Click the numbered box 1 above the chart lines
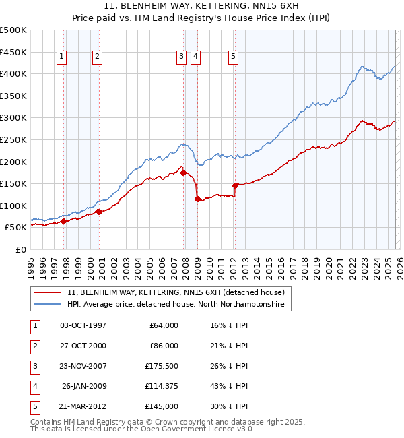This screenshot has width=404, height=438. coord(61,57)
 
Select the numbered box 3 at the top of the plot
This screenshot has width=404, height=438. coord(181,57)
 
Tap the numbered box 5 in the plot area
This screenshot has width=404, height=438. coord(232,57)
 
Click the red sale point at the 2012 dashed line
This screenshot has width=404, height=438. coord(235,185)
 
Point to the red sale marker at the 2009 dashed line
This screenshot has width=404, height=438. coord(197,199)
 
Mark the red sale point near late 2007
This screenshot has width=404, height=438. coord(184,173)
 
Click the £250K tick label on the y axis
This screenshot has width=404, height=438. coord(13,139)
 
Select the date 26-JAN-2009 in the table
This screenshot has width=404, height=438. coord(84,386)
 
